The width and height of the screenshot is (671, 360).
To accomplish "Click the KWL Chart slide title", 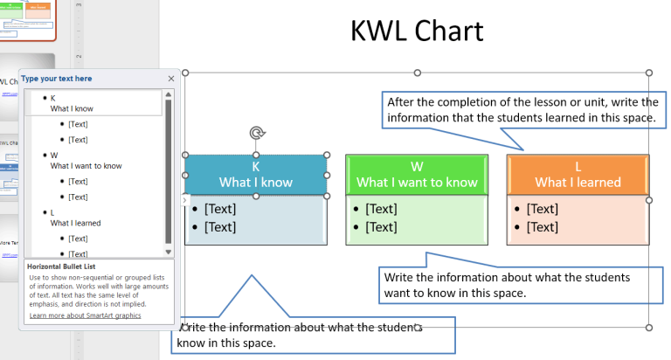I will tap(416, 31).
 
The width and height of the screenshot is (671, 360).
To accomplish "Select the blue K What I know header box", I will tap(255, 174).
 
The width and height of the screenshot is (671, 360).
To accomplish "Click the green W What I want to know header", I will tap(417, 174).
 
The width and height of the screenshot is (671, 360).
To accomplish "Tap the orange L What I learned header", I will tap(578, 174).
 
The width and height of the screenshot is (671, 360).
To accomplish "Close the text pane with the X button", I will tap(171, 79).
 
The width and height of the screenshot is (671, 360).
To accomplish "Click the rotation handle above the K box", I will tap(256, 133).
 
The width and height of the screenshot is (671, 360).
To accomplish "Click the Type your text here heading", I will tap(57, 79).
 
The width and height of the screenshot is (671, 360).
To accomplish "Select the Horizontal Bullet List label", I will tap(61, 266).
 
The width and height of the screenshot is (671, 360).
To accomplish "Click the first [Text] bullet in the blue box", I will tap(220, 209).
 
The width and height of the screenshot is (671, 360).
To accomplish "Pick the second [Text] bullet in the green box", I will tap(381, 227).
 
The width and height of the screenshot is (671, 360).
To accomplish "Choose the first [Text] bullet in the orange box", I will tap(542, 209).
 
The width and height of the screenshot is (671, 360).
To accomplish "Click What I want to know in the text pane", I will tap(86, 165).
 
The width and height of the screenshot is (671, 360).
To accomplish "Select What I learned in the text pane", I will tap(75, 223).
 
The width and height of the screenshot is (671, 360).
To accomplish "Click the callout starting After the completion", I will tap(520, 109).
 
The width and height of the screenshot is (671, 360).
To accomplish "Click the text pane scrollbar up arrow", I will tap(169, 95).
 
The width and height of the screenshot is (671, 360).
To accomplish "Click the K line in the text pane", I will tap(53, 98).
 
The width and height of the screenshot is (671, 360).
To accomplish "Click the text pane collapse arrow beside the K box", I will tap(183, 201).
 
